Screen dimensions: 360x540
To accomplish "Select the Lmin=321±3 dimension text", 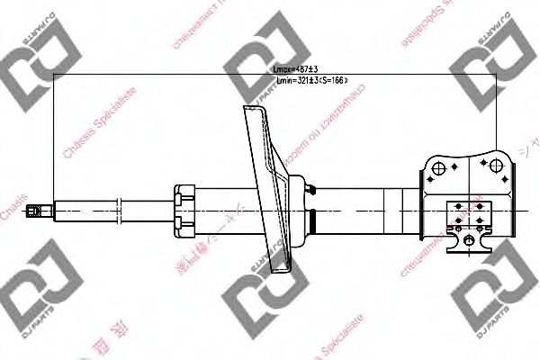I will (x=310, y=81).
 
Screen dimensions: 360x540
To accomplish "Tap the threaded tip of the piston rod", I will (x=37, y=211).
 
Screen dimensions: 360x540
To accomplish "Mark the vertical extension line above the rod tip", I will (x=54, y=135).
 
